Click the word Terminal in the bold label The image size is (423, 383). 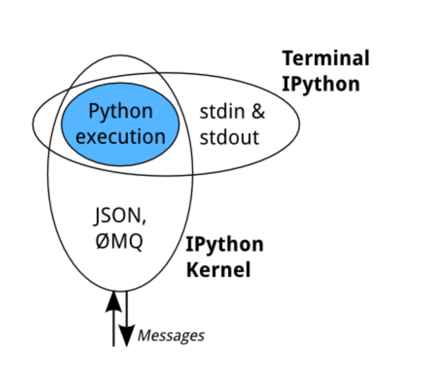click(326, 58)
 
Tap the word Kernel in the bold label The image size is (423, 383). click(219, 270)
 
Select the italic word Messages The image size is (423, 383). click(171, 336)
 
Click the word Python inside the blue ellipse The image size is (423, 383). click(120, 112)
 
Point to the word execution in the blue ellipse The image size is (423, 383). click(120, 136)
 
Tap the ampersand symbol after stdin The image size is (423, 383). click(258, 112)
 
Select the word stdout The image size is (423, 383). click(229, 137)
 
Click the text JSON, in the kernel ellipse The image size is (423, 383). click(120, 216)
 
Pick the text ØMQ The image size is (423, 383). click(119, 241)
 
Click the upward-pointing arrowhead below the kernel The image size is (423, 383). click(114, 301)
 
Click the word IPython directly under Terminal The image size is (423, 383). click(321, 84)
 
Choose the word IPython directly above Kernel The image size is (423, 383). click(225, 245)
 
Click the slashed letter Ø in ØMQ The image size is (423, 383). click(102, 241)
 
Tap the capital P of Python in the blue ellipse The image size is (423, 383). click(94, 111)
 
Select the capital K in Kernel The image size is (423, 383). click(193, 270)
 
